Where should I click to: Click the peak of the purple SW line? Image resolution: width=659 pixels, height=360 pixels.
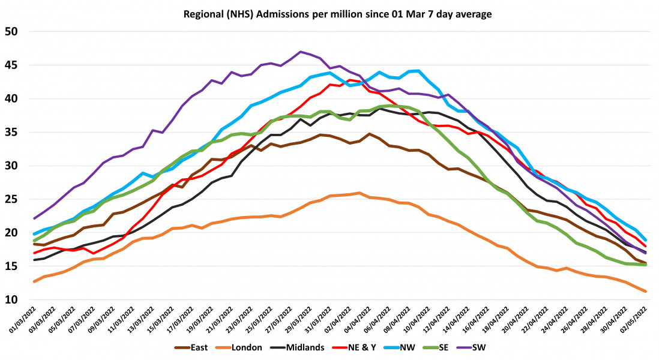pyautogui.click(x=301, y=52)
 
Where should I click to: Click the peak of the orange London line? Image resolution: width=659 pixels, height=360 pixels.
pyautogui.click(x=358, y=193)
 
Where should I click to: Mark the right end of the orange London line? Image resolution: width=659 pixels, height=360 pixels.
pyautogui.click(x=646, y=292)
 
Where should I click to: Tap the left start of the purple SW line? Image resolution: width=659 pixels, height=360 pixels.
pyautogui.click(x=34, y=218)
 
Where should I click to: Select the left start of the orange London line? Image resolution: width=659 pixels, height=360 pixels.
pyautogui.click(x=34, y=281)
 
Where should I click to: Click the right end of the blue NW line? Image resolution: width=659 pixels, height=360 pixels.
pyautogui.click(x=646, y=240)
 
